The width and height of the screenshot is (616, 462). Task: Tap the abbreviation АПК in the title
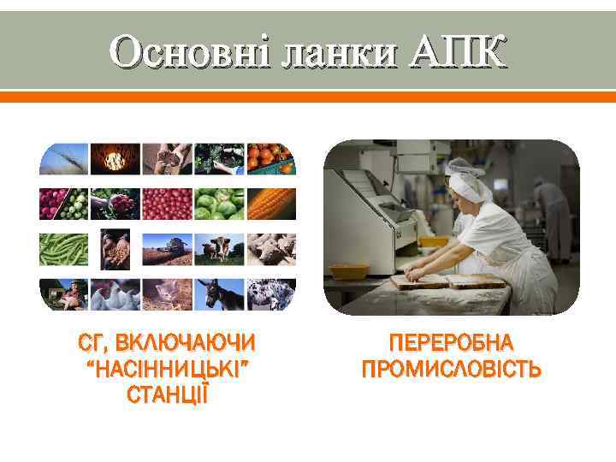point(458,53)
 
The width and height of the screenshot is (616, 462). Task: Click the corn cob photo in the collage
point(272,204)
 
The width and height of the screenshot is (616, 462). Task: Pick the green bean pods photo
point(63,249)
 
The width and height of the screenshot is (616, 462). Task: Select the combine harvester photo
point(168,249)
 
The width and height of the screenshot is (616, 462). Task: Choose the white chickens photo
point(115,295)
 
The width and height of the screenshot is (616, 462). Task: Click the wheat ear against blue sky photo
point(63,158)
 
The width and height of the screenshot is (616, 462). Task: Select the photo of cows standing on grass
point(220,249)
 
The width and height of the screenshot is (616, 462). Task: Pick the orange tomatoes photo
point(272,158)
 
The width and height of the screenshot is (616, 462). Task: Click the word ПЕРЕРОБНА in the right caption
point(451,343)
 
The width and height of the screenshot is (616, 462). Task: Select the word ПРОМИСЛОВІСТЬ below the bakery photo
point(451,370)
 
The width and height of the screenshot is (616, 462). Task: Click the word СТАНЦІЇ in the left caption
point(167,396)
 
